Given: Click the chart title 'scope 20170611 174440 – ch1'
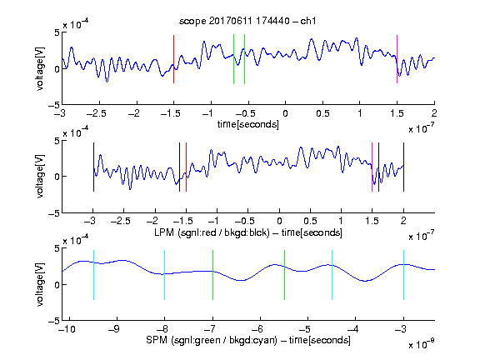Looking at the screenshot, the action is click(247, 21).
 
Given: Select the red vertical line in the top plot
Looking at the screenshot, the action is click(173, 59).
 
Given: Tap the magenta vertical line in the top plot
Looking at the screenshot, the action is click(397, 59).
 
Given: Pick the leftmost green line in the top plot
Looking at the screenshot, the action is click(233, 59).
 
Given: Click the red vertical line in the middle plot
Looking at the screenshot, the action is click(186, 167).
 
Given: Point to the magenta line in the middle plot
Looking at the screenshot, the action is click(372, 167).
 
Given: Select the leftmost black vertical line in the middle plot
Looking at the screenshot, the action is click(93, 167).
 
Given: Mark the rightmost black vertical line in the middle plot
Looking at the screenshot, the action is click(403, 167).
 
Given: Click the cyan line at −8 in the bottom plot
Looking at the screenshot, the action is click(164, 275).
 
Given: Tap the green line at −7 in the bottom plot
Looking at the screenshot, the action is click(212, 275).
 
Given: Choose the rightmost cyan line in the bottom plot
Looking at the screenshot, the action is click(403, 275).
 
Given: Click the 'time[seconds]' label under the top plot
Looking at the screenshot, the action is click(248, 124).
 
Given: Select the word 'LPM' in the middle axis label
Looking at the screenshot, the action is click(164, 232).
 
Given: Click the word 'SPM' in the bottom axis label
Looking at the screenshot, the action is click(157, 340).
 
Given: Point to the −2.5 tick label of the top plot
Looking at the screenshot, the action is click(96, 114).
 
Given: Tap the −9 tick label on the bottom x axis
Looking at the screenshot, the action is click(114, 329).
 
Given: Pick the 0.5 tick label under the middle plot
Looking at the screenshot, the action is click(310, 221).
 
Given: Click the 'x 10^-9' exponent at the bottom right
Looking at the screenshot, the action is click(421, 344).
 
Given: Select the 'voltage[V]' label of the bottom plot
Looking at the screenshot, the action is click(40, 285).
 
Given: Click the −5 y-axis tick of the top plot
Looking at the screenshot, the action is click(54, 105).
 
